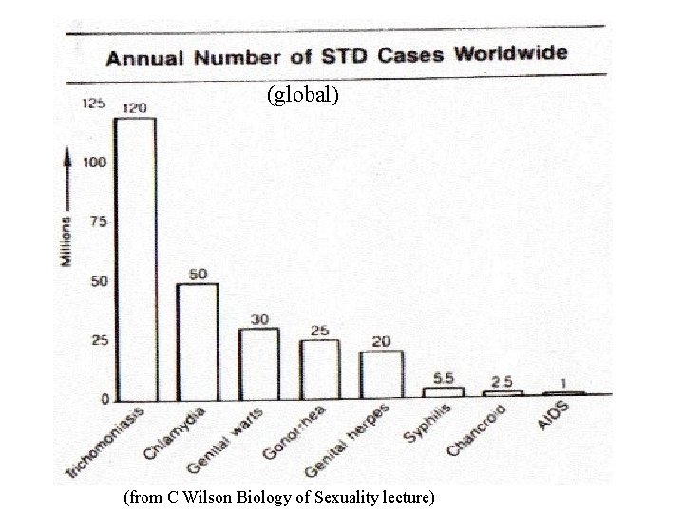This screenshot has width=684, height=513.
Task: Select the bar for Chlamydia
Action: pos(197,341)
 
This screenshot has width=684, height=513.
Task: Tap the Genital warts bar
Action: pos(258,364)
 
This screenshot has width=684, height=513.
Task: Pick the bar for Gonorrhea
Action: pos(319,369)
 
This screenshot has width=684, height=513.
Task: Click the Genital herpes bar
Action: pos(380,374)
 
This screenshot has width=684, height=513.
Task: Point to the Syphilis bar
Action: pos(443,390)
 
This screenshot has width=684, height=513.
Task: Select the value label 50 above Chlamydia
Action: pos(198,274)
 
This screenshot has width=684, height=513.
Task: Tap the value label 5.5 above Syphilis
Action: pos(443,377)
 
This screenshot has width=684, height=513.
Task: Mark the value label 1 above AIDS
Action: pos(564,382)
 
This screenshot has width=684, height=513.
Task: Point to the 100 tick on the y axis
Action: pos(94,162)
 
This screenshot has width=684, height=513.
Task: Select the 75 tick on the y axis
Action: pos(97,221)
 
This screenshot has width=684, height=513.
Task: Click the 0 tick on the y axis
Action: pos(104,399)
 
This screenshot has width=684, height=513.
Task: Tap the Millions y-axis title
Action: pos(66,241)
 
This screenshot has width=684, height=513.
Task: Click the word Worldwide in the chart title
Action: pos(510,52)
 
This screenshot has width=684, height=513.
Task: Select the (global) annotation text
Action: pos(302,95)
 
